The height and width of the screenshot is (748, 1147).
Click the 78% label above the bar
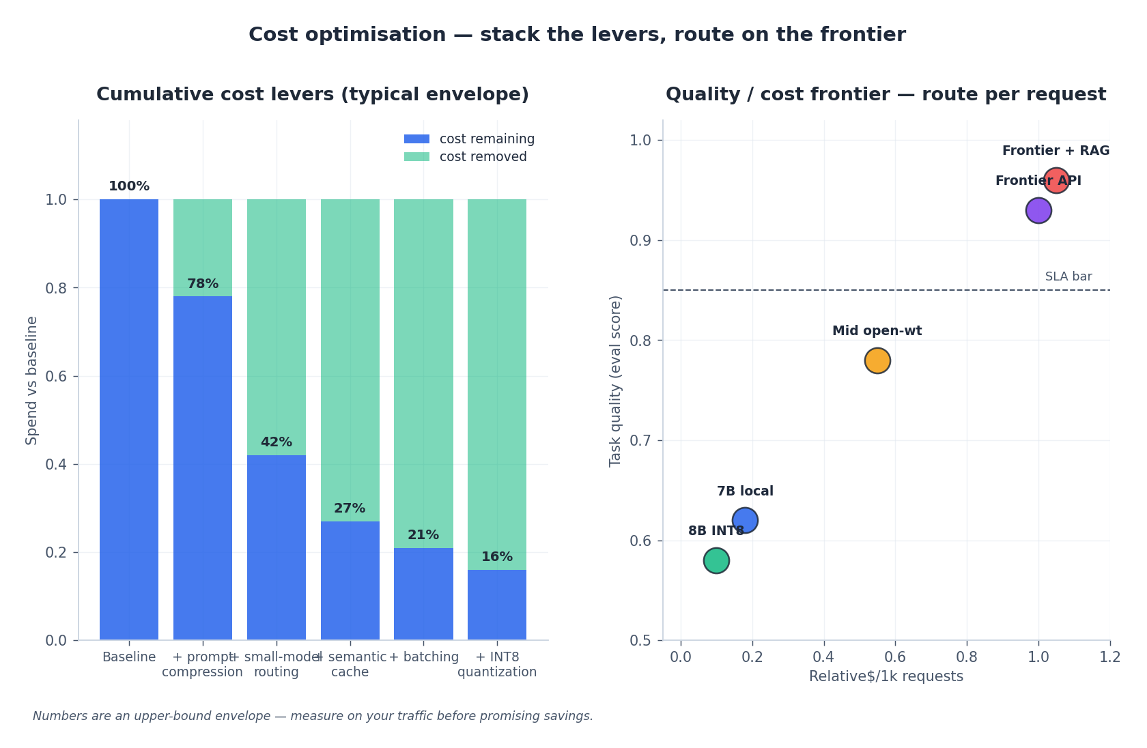click(x=203, y=284)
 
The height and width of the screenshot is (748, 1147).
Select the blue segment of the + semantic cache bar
click(x=350, y=580)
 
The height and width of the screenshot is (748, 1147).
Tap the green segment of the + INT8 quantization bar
click(x=497, y=382)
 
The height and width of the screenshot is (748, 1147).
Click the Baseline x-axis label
click(x=129, y=657)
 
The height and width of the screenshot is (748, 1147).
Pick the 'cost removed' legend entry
click(x=483, y=157)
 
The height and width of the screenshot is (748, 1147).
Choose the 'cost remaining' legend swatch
click(x=416, y=139)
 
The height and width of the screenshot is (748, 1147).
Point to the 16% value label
click(x=497, y=557)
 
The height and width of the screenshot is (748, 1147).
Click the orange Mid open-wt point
click(x=877, y=360)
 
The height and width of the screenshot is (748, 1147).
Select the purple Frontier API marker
click(x=1038, y=210)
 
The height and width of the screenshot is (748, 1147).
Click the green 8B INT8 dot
click(x=716, y=560)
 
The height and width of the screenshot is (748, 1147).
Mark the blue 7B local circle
click(x=745, y=521)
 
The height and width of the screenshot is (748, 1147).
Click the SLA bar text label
click(x=1068, y=276)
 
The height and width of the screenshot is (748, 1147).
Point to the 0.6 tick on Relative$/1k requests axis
click(x=895, y=657)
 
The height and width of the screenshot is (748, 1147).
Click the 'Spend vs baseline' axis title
click(x=31, y=380)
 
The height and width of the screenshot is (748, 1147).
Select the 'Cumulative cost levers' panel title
click(x=313, y=94)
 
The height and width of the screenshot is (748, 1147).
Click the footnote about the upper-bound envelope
click(x=313, y=716)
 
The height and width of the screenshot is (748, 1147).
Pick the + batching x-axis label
click(x=423, y=657)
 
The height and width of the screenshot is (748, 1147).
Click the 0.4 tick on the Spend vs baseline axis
click(x=56, y=465)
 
